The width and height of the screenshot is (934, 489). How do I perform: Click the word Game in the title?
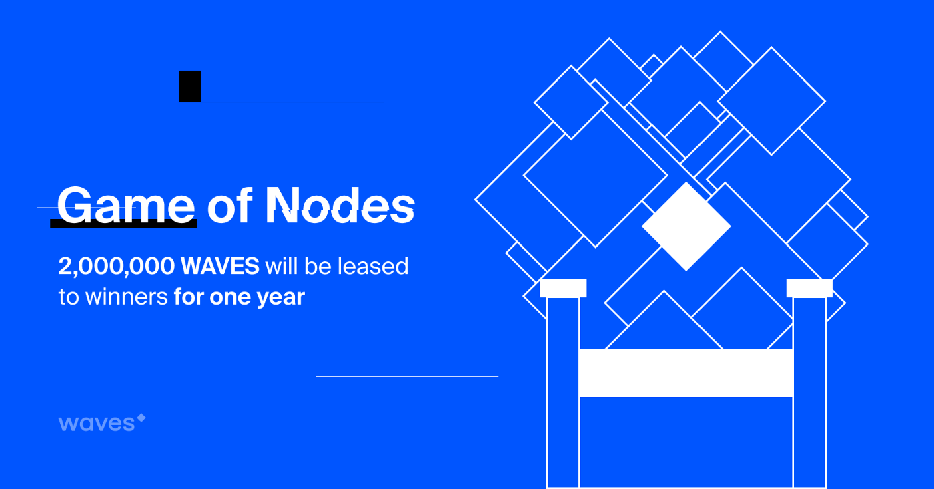coord(126,206)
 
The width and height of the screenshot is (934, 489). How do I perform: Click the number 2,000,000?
coord(116,266)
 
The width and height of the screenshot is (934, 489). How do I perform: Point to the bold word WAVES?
coord(220,266)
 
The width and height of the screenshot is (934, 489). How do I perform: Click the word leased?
coord(373,266)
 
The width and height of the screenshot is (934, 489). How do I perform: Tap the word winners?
coord(126,297)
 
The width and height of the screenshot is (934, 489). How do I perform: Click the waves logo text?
coord(97,423)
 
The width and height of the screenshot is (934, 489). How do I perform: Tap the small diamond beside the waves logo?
coord(141,417)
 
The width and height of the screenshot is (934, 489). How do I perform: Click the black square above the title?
coord(190,86)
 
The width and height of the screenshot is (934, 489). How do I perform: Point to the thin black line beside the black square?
coord(292,102)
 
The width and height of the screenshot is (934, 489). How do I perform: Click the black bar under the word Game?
coord(123,224)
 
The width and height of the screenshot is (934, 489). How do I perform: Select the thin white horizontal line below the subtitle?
coord(407,377)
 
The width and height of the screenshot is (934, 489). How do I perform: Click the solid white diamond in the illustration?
coord(686,226)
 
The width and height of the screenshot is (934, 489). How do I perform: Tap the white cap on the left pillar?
coord(563,288)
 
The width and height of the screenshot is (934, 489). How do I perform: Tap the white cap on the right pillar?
coord(809,288)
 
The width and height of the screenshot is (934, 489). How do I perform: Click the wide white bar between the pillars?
coord(686,373)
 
